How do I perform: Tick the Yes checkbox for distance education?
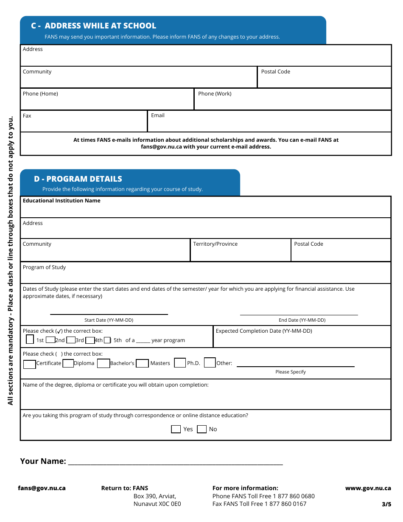click(176, 429)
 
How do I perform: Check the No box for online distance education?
click(202, 429)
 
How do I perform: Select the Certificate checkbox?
click(29, 364)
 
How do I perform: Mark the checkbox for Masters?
click(142, 363)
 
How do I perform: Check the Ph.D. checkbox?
click(180, 363)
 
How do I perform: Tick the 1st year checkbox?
click(30, 340)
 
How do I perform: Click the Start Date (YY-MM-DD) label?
click(109, 320)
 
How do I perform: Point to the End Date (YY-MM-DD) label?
click(302, 320)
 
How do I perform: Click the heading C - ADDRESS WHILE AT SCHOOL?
click(93, 26)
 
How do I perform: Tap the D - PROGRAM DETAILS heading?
click(78, 179)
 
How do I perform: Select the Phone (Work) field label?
click(215, 94)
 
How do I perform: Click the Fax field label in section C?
click(27, 116)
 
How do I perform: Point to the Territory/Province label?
click(215, 244)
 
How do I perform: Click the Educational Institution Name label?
click(62, 201)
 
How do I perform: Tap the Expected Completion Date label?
click(264, 331)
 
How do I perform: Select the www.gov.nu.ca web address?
click(368, 488)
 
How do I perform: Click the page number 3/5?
click(386, 504)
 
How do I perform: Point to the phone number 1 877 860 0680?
click(294, 496)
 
